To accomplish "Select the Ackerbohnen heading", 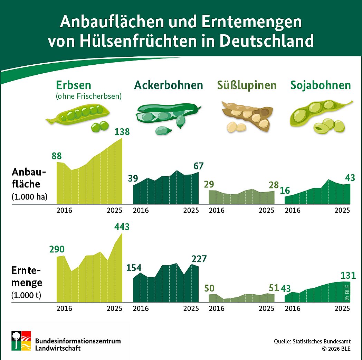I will pos(168,85).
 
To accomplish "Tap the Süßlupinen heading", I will pos(247,85).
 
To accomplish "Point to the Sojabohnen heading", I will pos(321,85).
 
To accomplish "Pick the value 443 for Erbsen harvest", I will pos(122,227).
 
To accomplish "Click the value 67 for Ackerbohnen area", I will pos(198,166).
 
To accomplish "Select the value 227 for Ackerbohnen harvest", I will pos(199,259).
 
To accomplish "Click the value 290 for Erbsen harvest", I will pos(57,249).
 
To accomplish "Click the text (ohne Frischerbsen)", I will pos(89,96).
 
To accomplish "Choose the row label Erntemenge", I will pos(27,276).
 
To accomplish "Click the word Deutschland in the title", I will pos(266,40).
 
